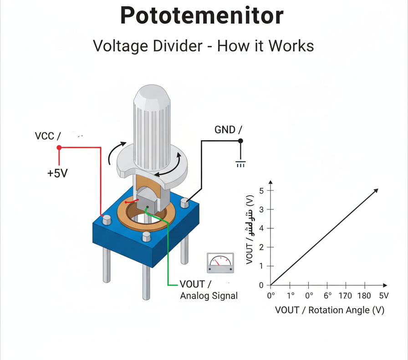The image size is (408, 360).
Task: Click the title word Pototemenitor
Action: click(202, 16)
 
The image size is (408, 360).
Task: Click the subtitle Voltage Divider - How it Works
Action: click(203, 46)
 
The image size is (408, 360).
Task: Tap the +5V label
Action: click(57, 173)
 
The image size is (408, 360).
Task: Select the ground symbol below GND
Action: click(240, 163)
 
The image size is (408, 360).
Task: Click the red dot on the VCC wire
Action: click(59, 147)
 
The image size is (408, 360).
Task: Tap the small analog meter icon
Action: click(220, 263)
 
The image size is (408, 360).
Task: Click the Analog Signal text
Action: click(209, 296)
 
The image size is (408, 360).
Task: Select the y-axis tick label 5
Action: click(261, 190)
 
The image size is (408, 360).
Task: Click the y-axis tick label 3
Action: click(261, 209)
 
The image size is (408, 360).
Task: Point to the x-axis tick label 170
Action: click(345, 296)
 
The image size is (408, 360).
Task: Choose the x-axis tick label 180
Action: click(364, 296)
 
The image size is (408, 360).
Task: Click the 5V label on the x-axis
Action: click(383, 296)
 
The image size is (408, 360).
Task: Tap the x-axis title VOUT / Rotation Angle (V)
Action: click(330, 310)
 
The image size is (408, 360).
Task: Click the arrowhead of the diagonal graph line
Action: click(376, 190)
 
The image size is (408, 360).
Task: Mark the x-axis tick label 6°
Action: click(327, 296)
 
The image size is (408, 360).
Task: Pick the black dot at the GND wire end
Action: click(240, 141)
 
